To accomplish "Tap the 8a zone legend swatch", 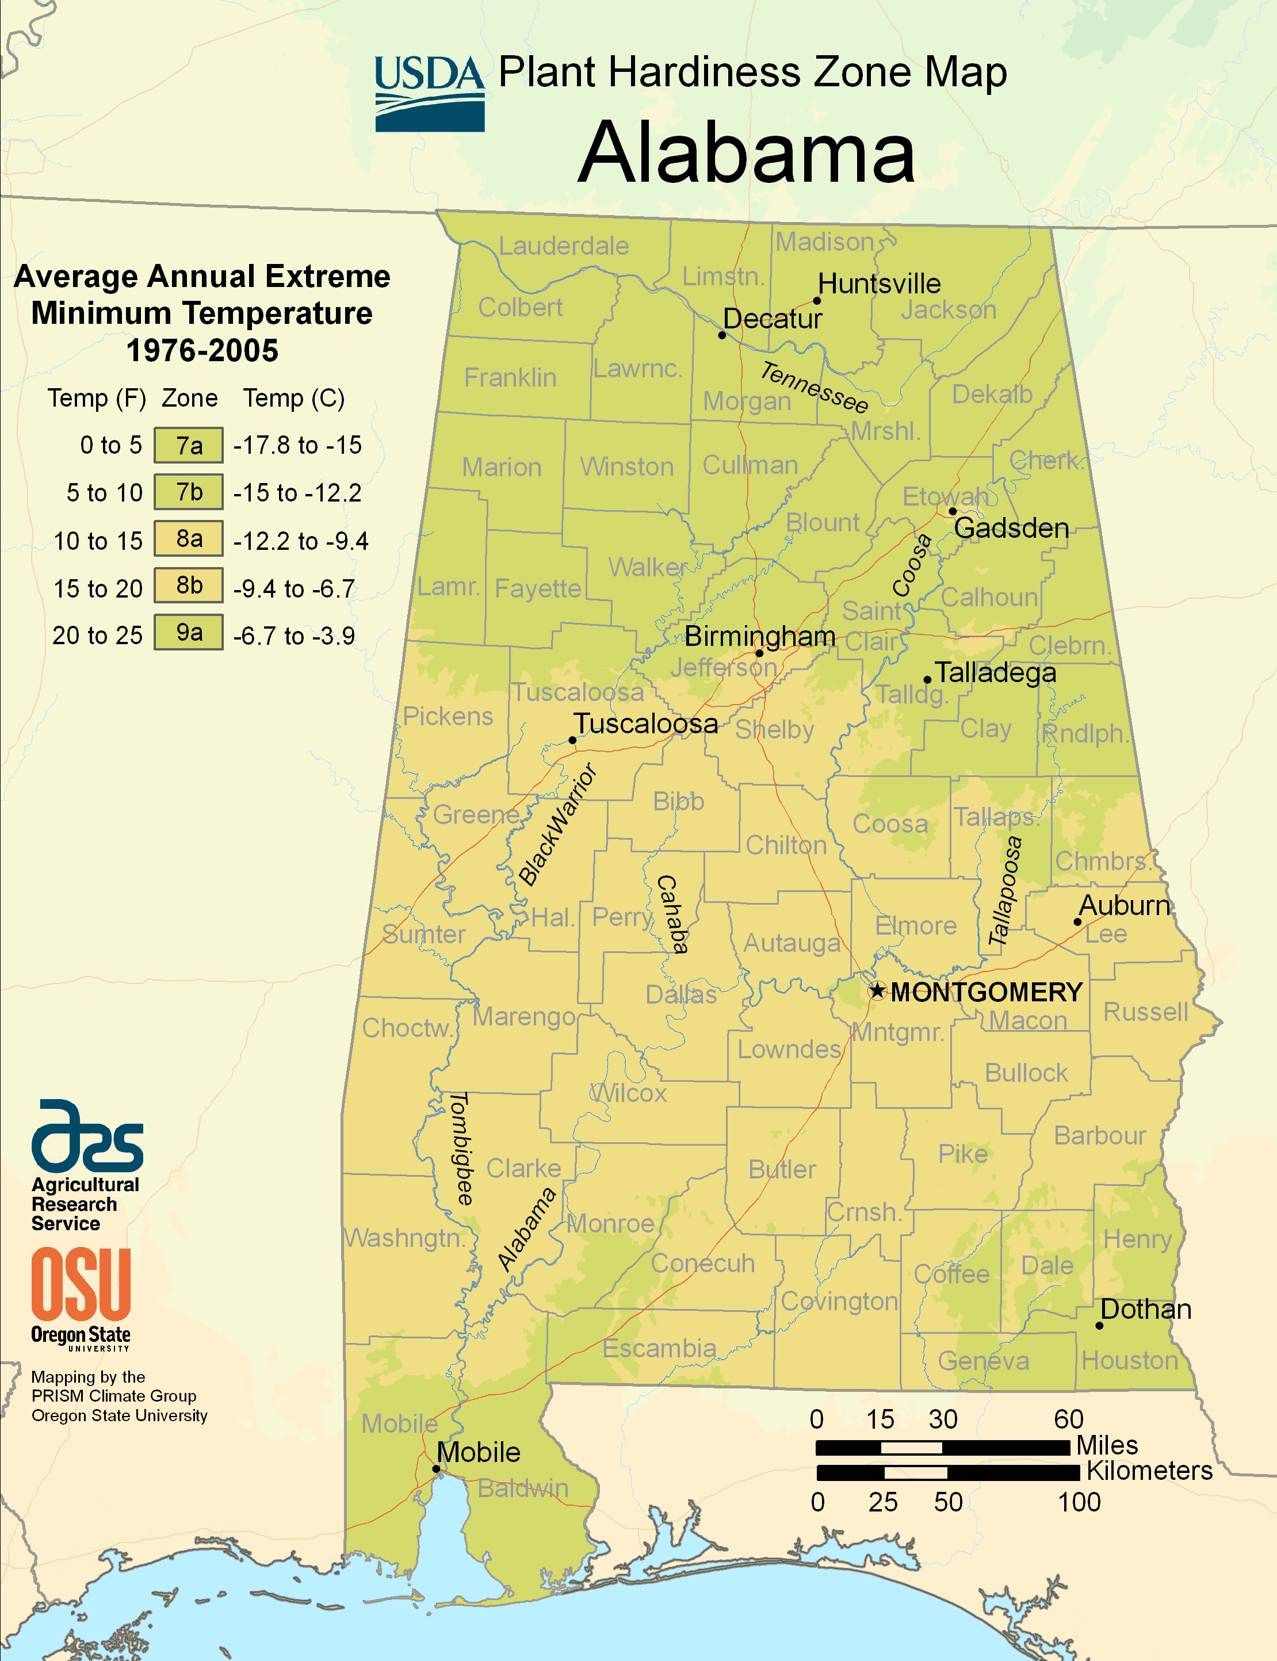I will [x=189, y=539].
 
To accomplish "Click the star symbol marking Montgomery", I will [x=877, y=990].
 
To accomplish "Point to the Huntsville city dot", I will [x=817, y=300].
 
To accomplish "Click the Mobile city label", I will [x=478, y=1452].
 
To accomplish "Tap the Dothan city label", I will [x=1145, y=1309].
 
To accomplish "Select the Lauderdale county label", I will [x=563, y=246].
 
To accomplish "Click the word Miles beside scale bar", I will [x=1107, y=1444].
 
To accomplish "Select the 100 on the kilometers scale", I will [x=1079, y=1502].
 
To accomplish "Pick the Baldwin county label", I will [x=523, y=1488].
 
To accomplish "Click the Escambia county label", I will [x=659, y=1348].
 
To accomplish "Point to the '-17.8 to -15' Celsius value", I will [x=297, y=445].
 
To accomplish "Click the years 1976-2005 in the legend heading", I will [x=202, y=350].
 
